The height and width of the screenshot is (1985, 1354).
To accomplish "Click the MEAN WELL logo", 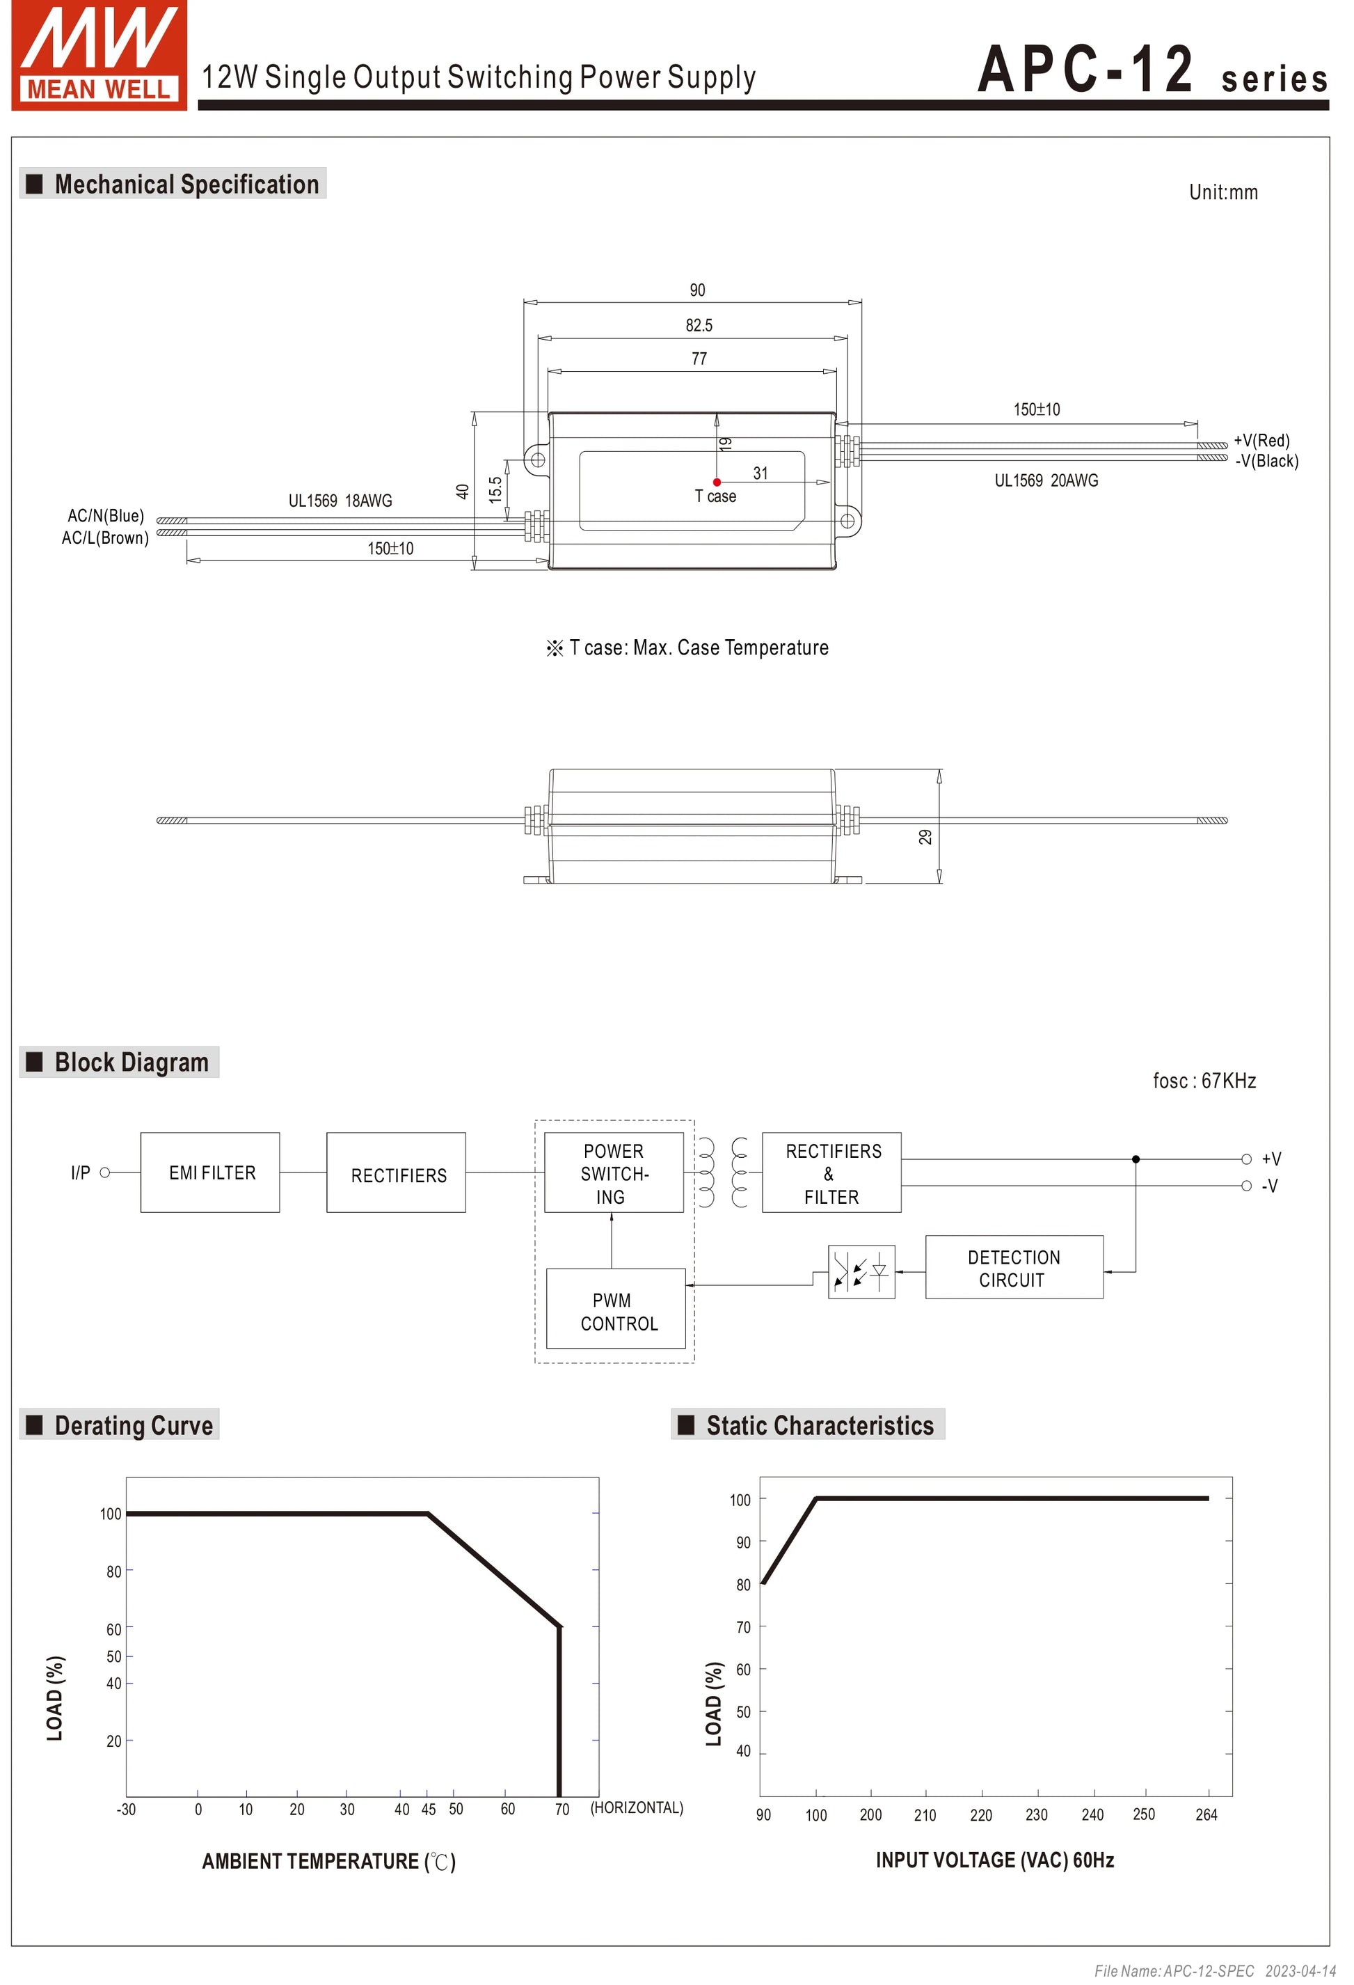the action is (x=99, y=56).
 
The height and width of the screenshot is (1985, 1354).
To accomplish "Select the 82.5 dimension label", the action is (x=699, y=325).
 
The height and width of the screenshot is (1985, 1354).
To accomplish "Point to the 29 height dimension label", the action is (x=925, y=837).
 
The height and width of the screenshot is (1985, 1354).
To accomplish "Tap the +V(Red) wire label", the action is (x=1261, y=441).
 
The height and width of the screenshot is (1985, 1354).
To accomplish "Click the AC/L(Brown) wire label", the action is (x=105, y=538).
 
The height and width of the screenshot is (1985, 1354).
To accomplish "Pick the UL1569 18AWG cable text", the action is (x=340, y=501).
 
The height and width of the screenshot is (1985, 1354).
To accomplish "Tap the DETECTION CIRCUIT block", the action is (x=1014, y=1269).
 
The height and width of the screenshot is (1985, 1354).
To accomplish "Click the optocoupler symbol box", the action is (x=861, y=1272).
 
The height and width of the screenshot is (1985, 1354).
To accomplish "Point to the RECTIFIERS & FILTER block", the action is (x=831, y=1172).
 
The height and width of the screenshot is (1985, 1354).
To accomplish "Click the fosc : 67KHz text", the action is (x=1204, y=1081).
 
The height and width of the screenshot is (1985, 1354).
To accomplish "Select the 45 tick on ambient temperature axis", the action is (x=429, y=1809).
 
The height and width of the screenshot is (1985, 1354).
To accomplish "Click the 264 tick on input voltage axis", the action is (x=1206, y=1814).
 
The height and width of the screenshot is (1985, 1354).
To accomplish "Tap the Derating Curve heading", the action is (x=133, y=1425).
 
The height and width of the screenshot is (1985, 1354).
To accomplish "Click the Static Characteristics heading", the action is (x=820, y=1425).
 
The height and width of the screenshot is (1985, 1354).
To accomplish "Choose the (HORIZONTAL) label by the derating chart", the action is (x=637, y=1807).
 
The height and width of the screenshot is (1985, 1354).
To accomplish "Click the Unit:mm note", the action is (x=1223, y=192).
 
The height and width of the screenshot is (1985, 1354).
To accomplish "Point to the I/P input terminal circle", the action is (x=105, y=1172).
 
